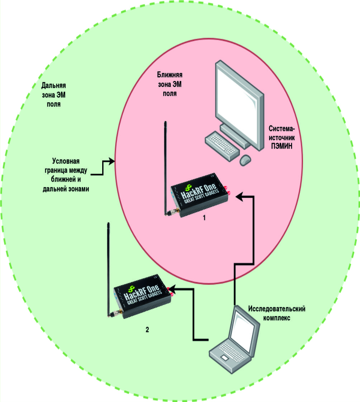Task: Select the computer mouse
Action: coord(245,160)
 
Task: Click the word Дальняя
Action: coord(54,86)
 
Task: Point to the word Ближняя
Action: coord(170,75)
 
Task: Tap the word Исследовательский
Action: coord(277,309)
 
